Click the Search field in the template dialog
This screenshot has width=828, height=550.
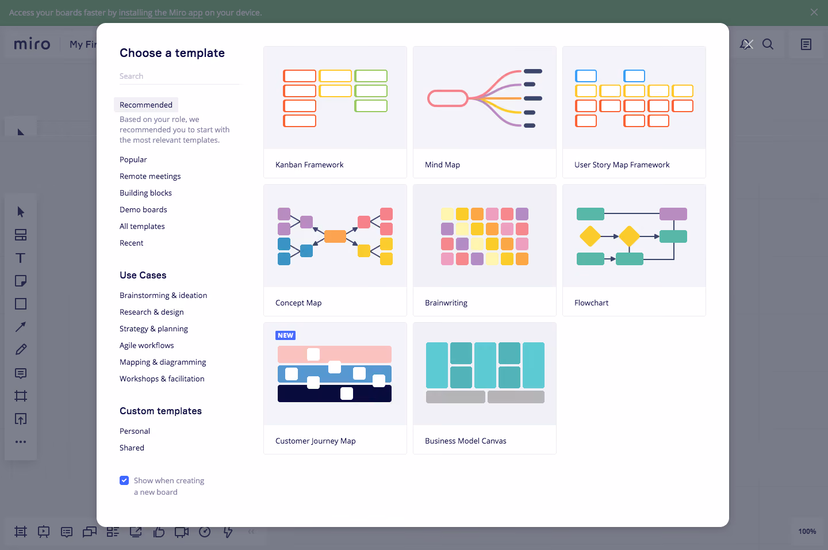[x=179, y=76]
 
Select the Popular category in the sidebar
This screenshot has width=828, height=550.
[x=133, y=159]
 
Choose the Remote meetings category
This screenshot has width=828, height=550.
[x=150, y=176]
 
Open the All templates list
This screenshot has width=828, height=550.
[x=142, y=226]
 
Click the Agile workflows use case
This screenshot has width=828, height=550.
[x=147, y=345]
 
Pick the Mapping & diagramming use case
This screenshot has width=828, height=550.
[x=163, y=362]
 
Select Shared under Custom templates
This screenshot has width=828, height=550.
[x=132, y=448]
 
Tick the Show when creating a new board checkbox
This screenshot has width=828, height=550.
[x=124, y=480]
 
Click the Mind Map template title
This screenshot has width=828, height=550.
[x=442, y=165]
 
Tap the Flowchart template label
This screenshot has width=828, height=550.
[x=591, y=303]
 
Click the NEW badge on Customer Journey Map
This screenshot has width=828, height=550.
[x=285, y=335]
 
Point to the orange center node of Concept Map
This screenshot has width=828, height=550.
[x=335, y=236]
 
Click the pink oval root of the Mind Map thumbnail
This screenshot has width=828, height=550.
[x=447, y=98]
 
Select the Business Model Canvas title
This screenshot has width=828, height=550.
[x=465, y=441]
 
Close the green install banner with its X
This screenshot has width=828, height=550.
[x=814, y=12]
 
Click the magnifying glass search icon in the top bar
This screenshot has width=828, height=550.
[x=768, y=44]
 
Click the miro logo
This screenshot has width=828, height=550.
[x=32, y=44]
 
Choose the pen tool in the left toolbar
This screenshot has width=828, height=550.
[x=21, y=350]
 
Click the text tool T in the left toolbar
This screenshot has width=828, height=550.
[x=21, y=258]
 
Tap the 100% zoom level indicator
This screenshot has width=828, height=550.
[x=807, y=531]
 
